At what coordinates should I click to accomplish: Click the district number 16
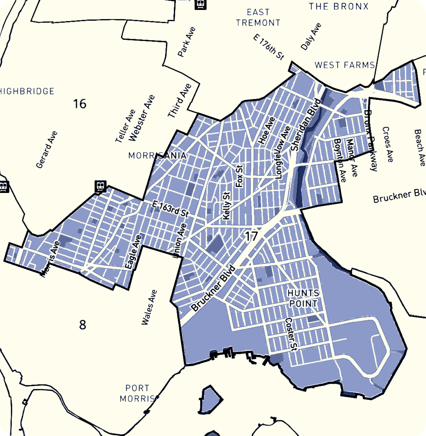tap(80, 104)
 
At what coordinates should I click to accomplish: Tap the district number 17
tap(251, 236)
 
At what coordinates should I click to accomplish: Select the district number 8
tap(83, 325)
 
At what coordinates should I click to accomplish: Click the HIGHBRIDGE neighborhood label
tap(27, 91)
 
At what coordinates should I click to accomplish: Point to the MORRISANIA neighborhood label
tap(157, 156)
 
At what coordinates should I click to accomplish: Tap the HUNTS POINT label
tap(303, 298)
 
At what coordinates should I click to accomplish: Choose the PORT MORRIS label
tap(137, 393)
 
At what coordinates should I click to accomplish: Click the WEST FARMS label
tap(345, 65)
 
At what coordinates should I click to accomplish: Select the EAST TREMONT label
tap(258, 17)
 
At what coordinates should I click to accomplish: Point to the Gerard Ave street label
tap(47, 150)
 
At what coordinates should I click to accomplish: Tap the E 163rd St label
tap(170, 209)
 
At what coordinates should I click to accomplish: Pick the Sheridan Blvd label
tap(306, 125)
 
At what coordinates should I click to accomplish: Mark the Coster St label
tap(291, 334)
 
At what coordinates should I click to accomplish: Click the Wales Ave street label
tap(149, 307)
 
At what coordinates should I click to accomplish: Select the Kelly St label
tap(226, 206)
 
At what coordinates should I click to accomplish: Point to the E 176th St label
tap(269, 47)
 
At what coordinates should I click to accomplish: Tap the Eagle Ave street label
tap(133, 251)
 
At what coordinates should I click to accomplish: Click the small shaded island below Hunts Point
tap(211, 400)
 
